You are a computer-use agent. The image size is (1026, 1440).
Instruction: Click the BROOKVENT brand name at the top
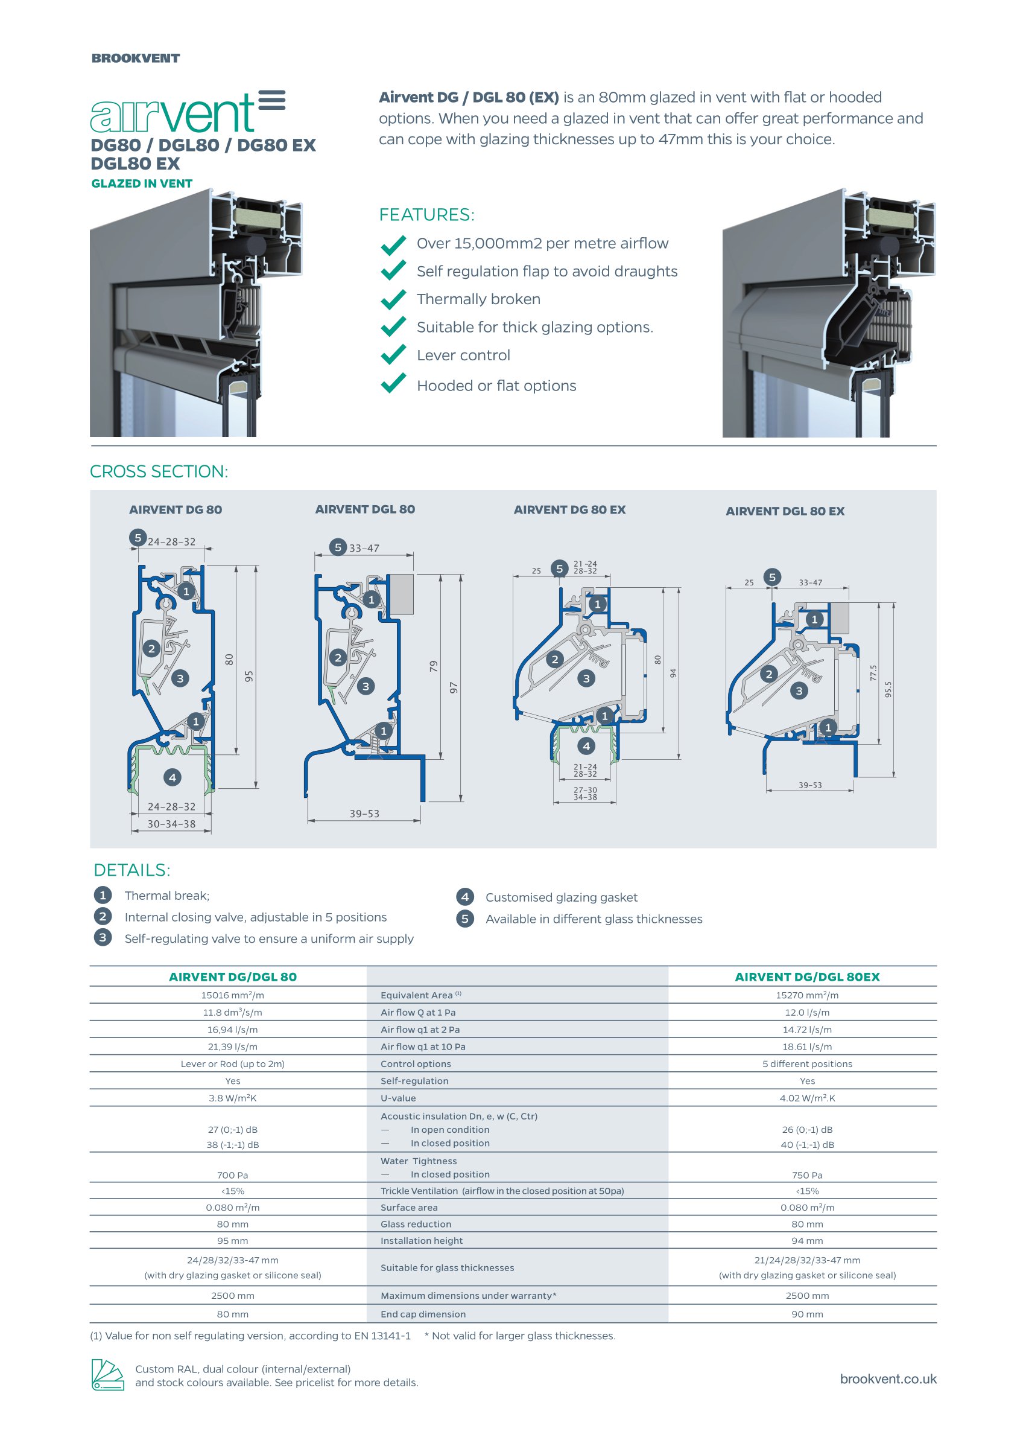coord(135,58)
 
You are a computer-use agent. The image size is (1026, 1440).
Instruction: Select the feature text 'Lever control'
coord(463,355)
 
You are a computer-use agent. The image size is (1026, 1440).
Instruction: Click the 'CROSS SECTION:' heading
coord(159,471)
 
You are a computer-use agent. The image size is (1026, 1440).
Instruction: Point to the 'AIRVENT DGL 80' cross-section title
coord(364,509)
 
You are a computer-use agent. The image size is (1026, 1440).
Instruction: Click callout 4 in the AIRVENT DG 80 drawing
coord(173,777)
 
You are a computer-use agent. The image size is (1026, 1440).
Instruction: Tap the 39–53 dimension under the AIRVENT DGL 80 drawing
coord(364,814)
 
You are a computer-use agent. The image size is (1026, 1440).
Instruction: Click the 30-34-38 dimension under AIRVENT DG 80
coord(171,824)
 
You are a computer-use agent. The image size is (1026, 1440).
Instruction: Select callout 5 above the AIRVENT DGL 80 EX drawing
coord(771,577)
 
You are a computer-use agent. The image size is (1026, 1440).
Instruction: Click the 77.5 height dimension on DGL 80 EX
coord(873,672)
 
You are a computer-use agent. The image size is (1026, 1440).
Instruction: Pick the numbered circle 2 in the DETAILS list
coord(103,917)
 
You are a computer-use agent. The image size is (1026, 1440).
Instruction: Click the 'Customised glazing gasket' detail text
coord(561,897)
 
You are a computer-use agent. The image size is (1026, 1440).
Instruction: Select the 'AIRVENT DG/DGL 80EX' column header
coord(807,976)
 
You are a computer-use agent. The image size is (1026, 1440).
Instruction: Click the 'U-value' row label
coord(398,1098)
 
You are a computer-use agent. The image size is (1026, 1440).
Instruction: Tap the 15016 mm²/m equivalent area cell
coord(232,995)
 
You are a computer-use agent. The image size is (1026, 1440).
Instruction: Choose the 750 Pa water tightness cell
coord(807,1175)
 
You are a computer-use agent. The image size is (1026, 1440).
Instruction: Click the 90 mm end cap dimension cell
coord(807,1314)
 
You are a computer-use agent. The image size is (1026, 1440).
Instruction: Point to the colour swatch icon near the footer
coord(107,1375)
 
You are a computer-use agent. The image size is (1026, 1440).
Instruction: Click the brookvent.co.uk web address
coord(888,1378)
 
